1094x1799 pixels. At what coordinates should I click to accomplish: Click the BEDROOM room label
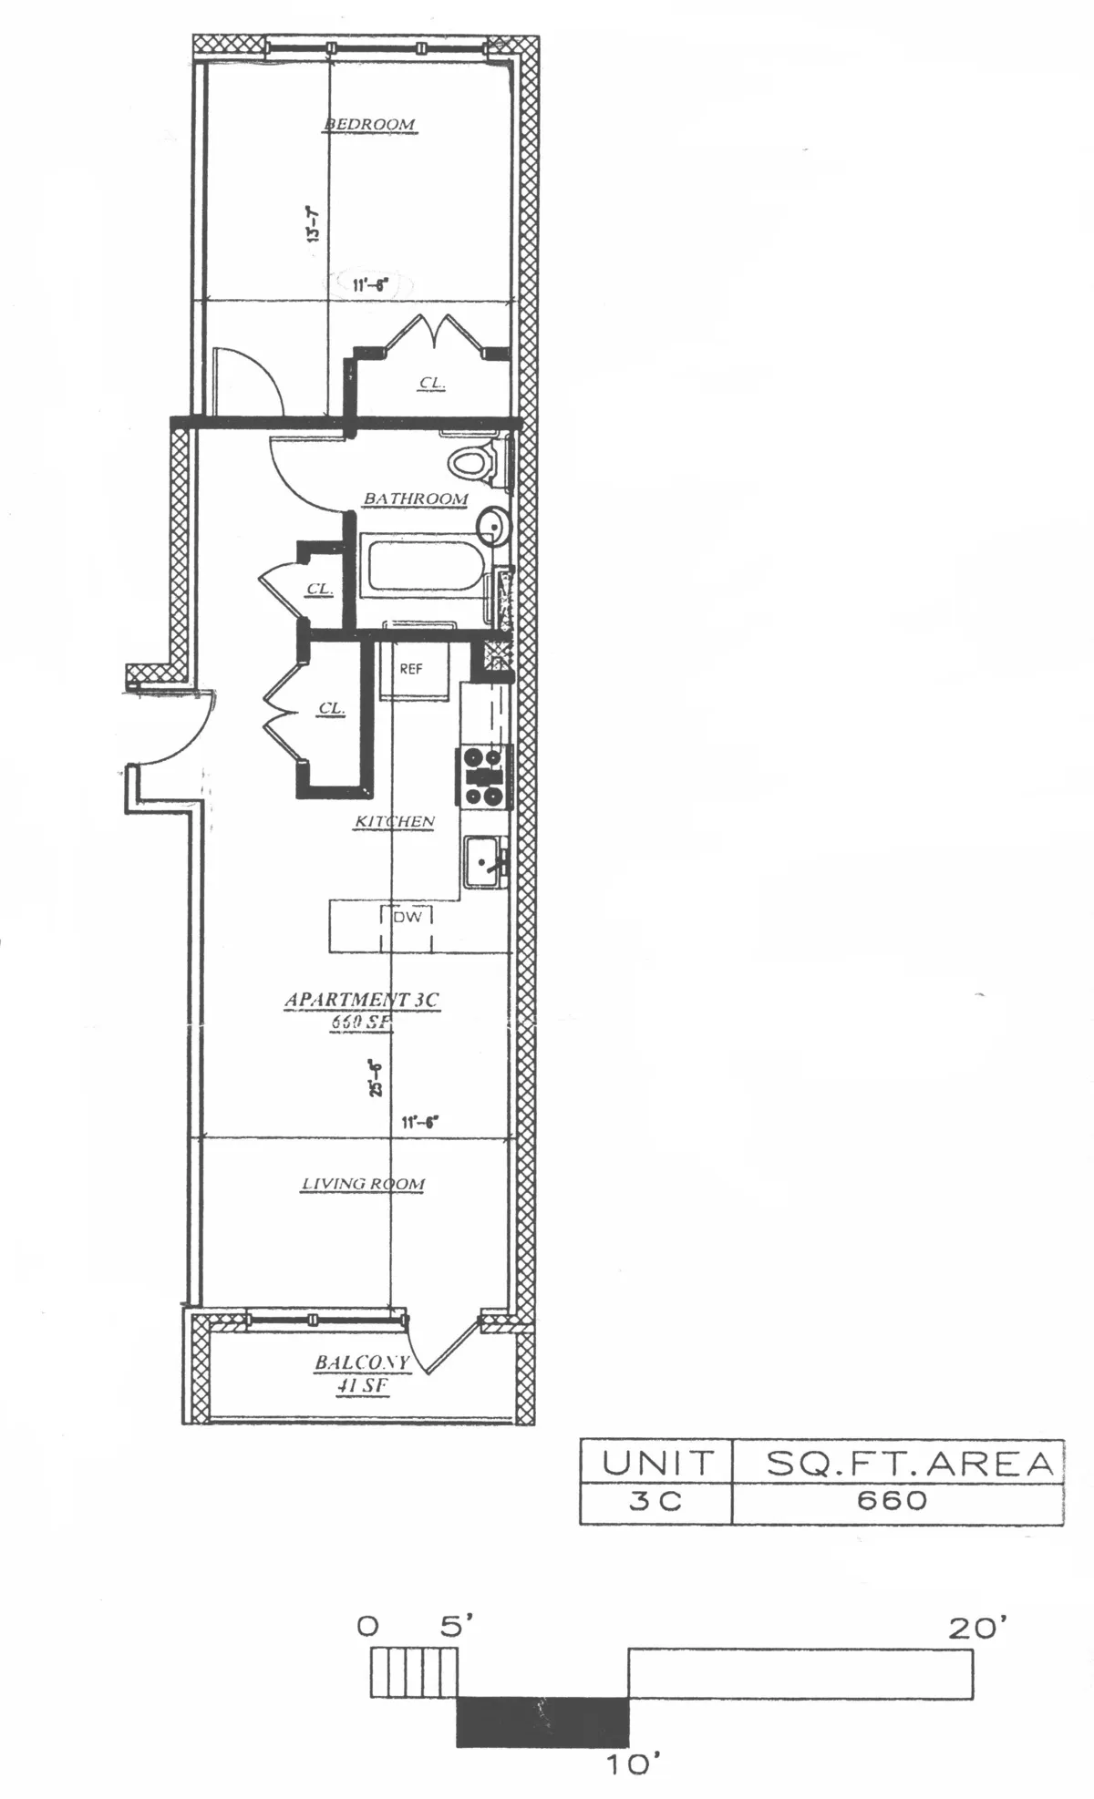tap(370, 124)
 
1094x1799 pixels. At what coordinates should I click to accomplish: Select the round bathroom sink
tap(491, 526)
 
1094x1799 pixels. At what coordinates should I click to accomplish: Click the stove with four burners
tap(483, 776)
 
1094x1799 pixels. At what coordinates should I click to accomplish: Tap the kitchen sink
tap(483, 861)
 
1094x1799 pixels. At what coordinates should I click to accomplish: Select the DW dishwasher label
tap(408, 917)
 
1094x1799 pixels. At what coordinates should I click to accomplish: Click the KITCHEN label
tap(394, 822)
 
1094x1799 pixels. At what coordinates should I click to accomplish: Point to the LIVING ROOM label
tap(363, 1184)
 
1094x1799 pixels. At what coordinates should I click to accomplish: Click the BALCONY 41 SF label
tap(362, 1372)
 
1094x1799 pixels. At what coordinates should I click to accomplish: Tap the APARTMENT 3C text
tap(361, 1000)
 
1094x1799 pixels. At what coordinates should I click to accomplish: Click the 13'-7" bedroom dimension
tap(313, 224)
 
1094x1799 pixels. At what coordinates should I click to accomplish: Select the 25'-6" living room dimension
tap(375, 1077)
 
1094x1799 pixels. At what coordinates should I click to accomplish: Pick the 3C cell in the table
tap(655, 1500)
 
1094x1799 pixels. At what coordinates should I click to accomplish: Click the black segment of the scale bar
tap(542, 1721)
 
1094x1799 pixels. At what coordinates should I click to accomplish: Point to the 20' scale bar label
tap(977, 1628)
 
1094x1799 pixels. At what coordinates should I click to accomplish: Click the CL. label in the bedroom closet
tap(432, 384)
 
